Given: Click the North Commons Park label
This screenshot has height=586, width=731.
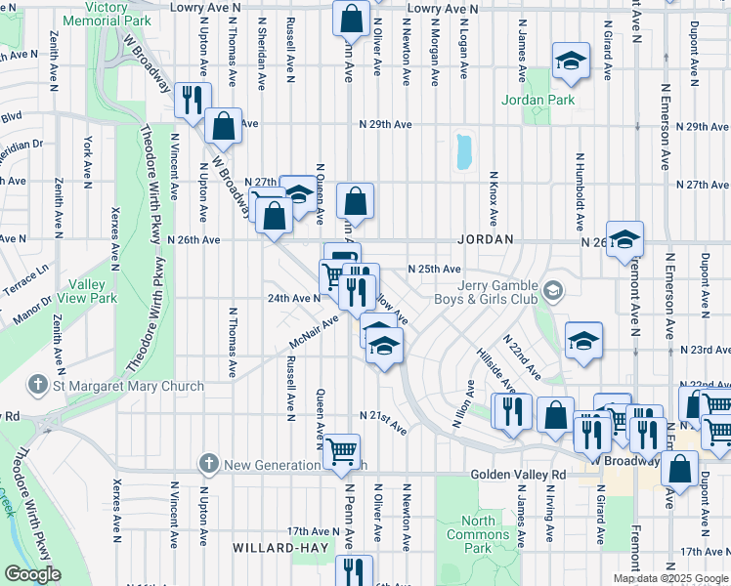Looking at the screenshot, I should pyautogui.click(x=477, y=534).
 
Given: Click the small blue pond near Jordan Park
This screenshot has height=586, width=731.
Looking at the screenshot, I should pyautogui.click(x=462, y=152).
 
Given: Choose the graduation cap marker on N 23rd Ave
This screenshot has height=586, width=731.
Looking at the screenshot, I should pyautogui.click(x=583, y=341).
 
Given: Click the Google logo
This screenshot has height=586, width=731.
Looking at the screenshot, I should pyautogui.click(x=32, y=574).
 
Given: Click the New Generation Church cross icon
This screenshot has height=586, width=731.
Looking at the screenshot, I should pyautogui.click(x=207, y=462).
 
